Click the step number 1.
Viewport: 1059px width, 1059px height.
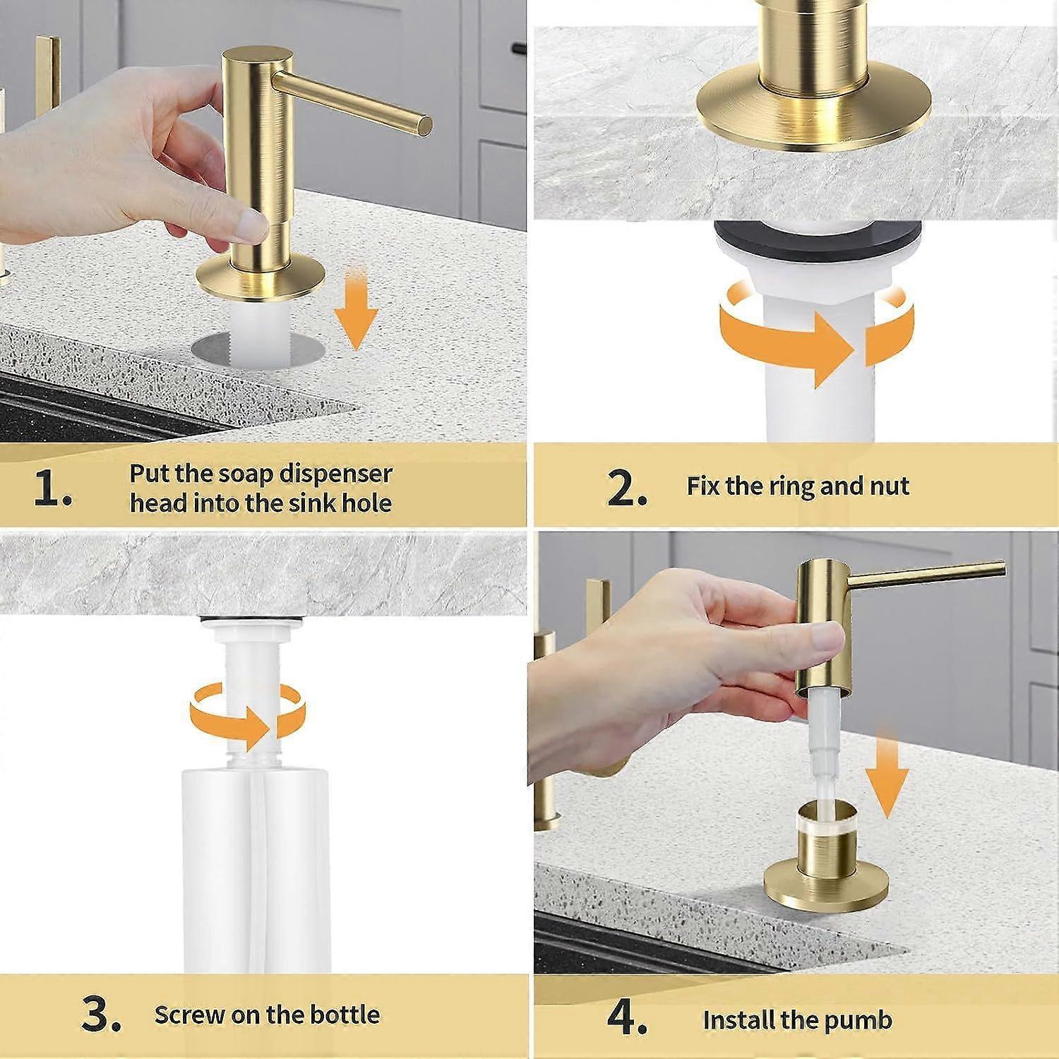coord(53,489)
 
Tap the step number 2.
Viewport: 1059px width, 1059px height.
coord(626,489)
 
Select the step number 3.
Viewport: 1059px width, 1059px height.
coord(100,1017)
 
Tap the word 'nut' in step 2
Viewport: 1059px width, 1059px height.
coord(890,486)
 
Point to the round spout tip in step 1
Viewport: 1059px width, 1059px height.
coord(424,125)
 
